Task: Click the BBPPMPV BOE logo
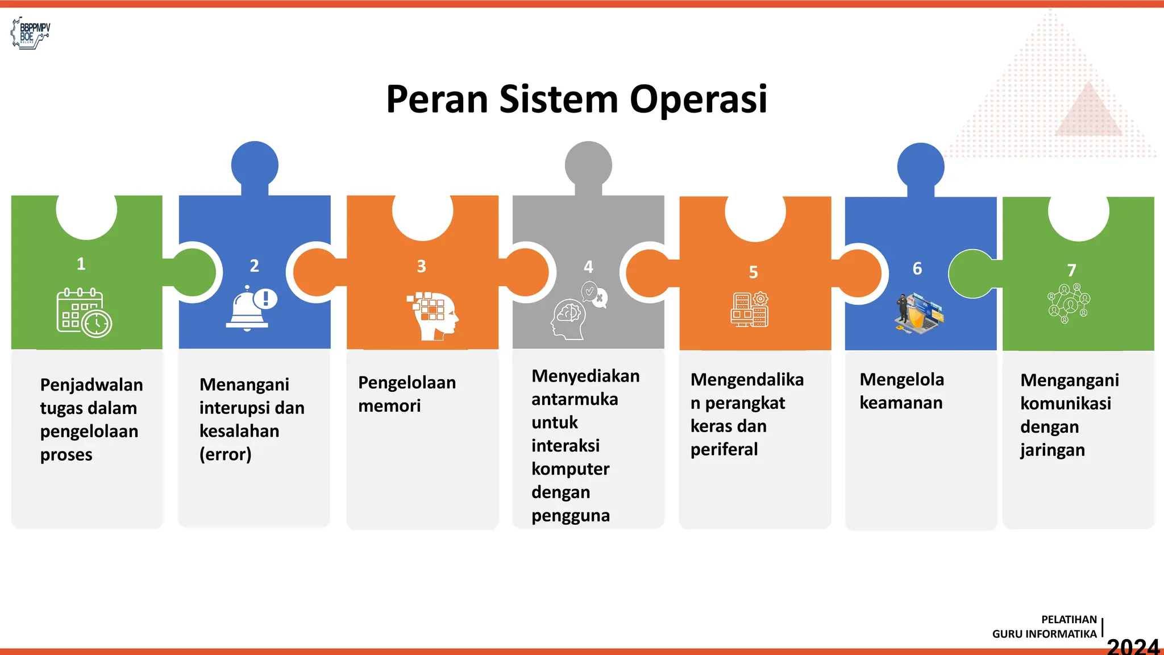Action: point(31,33)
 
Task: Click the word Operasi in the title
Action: point(699,100)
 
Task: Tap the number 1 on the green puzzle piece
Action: point(81,264)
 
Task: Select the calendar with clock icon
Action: point(84,313)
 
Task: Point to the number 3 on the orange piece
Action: point(421,266)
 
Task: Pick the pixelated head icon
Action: point(434,316)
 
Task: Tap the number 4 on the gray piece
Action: point(588,267)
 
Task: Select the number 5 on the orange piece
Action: point(753,272)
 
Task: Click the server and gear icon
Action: point(750,310)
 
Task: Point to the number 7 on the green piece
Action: point(1071,270)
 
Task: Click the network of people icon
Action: point(1069,303)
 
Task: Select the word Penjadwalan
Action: point(92,385)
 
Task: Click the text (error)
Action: point(226,454)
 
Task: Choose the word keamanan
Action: point(901,403)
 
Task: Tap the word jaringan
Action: point(1052,450)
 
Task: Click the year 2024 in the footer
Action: point(1133,646)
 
